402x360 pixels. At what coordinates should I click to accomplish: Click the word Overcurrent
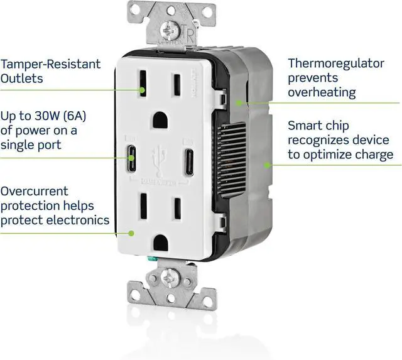(x=35, y=191)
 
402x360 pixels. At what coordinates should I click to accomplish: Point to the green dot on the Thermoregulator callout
(x=238, y=102)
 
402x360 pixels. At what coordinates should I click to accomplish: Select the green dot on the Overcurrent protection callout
(x=132, y=232)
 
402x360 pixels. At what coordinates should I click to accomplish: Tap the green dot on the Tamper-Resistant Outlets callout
(x=144, y=89)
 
